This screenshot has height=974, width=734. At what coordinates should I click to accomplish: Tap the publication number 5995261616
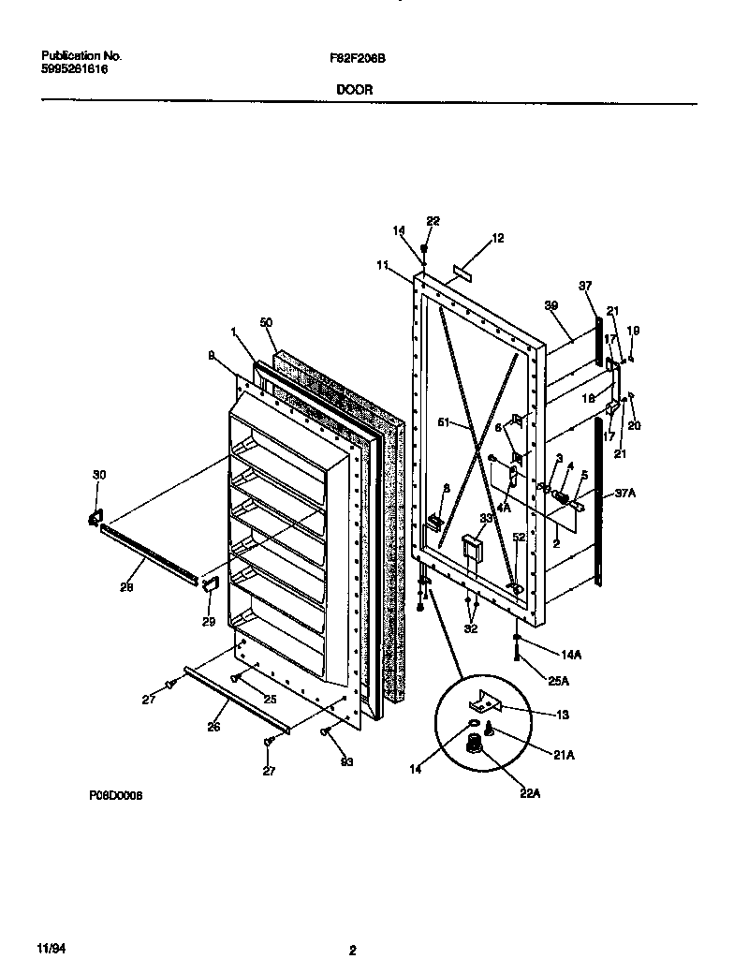tap(68, 68)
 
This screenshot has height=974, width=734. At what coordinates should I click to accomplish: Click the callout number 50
tap(266, 322)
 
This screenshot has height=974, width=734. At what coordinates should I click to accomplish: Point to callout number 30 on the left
tap(100, 476)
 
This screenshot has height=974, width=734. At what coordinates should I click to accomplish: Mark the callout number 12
tap(497, 239)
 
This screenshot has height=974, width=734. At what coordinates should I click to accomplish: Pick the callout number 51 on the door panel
tap(447, 423)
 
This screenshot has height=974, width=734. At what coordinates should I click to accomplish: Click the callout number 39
tap(551, 306)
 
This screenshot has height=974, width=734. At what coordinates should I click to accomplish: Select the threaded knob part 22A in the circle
tap(477, 745)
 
